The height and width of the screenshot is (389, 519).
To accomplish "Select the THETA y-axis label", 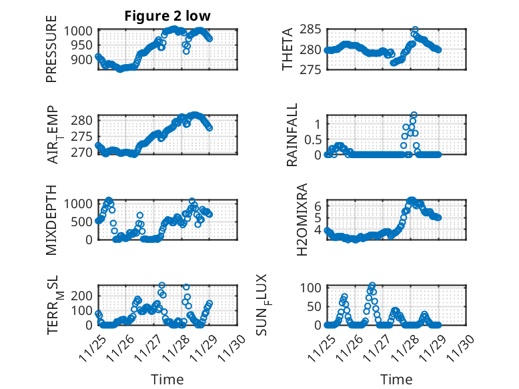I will tap(288, 49).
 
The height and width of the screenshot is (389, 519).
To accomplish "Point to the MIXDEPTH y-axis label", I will tap(52, 219).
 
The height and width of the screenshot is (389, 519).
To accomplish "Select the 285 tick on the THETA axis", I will tap(314, 29).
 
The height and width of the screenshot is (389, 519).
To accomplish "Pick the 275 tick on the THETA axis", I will tap(314, 69).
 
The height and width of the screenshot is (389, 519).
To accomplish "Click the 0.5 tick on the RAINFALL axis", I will tap(312, 139).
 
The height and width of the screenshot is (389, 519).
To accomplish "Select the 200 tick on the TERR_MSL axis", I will tap(85, 295).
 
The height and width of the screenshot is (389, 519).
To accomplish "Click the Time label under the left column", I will tap(167, 380).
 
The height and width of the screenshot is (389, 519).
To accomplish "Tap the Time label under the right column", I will tap(396, 380).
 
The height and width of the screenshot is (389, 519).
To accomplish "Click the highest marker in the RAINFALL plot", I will tap(414, 115).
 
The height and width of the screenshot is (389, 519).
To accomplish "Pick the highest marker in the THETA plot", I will tap(415, 30).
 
